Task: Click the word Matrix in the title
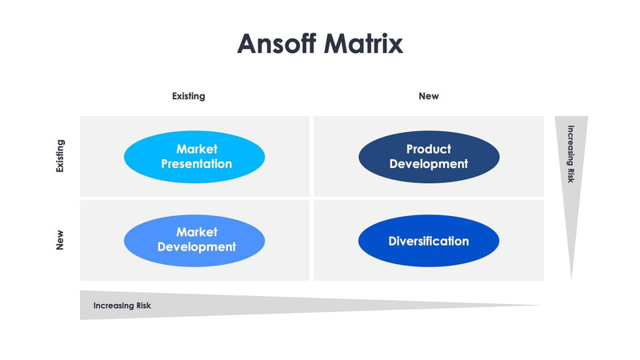click(363, 43)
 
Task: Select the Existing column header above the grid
click(189, 96)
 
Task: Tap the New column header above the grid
click(429, 96)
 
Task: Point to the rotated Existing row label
click(60, 157)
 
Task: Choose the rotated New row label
click(60, 240)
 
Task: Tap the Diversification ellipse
click(429, 241)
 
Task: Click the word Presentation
click(197, 164)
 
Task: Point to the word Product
click(429, 149)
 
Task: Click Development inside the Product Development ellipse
click(429, 164)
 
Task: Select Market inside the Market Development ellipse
click(197, 232)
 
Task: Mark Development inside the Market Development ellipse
click(197, 247)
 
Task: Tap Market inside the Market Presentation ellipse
click(197, 149)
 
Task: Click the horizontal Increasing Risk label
click(122, 306)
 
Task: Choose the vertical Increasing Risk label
click(570, 154)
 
